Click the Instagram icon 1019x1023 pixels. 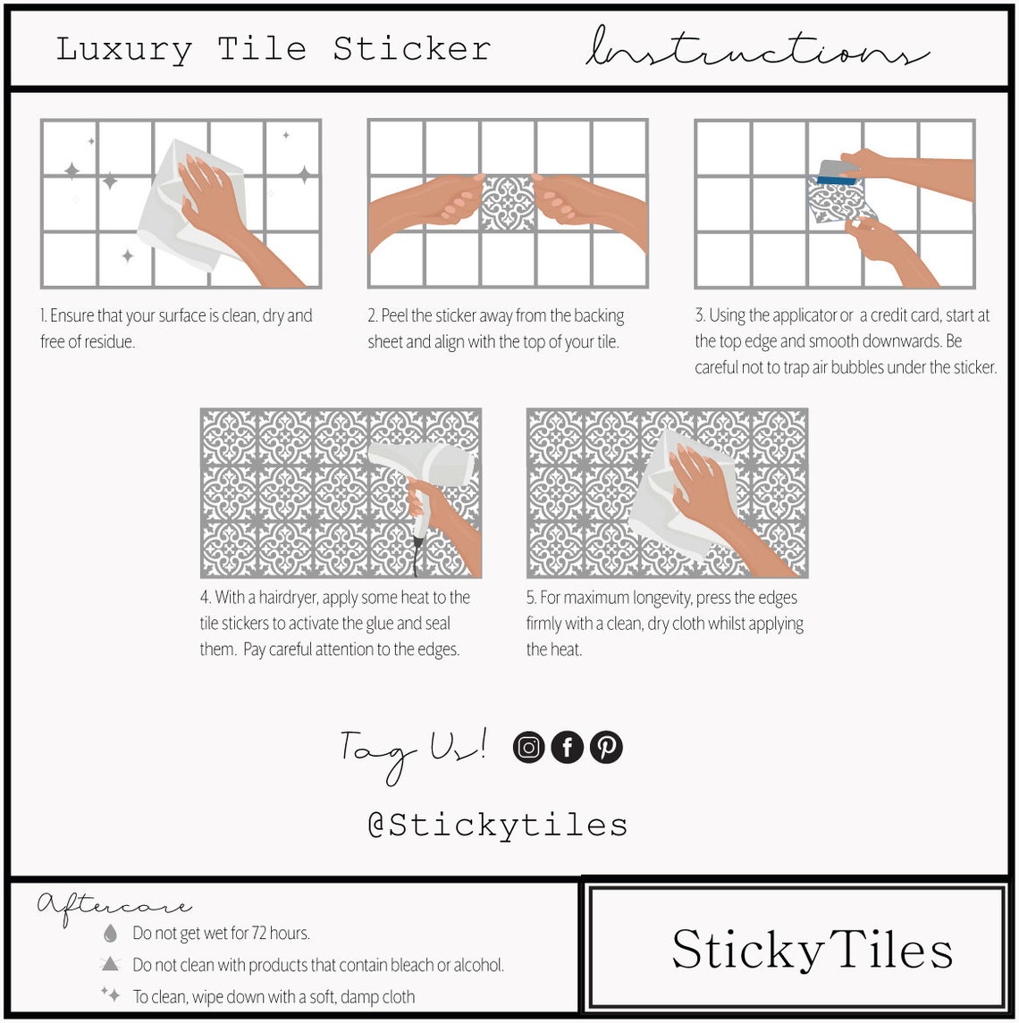tap(529, 747)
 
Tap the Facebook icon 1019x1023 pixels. tap(568, 747)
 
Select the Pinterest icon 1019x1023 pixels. tap(606, 747)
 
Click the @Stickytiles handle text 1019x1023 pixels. tap(498, 825)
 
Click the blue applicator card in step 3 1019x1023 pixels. tap(838, 173)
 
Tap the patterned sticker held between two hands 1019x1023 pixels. tap(507, 203)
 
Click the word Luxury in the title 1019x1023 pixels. tap(123, 49)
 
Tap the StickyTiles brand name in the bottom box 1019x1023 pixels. tap(812, 950)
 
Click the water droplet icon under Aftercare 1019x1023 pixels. tap(111, 934)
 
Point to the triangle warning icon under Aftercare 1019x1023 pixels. tap(111, 964)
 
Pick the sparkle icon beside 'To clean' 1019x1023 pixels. tap(111, 994)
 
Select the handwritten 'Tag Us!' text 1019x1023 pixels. tap(413, 750)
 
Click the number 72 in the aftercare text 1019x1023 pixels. tap(236, 934)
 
